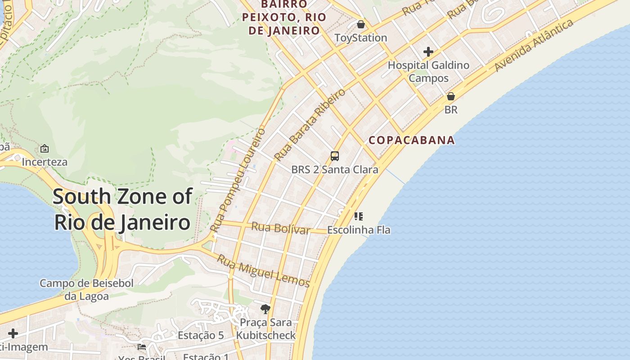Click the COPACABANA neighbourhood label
412,140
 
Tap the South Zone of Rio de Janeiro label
122,209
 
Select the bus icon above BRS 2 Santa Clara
335,156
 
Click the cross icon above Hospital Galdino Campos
428,52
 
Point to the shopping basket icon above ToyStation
361,24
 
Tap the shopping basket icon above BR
451,96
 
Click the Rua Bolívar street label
281,228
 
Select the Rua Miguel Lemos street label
264,271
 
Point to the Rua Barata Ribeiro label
310,125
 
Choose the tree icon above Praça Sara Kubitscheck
265,309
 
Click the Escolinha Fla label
359,230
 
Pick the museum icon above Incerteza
45,148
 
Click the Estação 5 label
201,335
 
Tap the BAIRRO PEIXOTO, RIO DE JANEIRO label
281,18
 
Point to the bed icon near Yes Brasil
142,346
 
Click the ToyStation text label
361,38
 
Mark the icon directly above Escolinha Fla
359,216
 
